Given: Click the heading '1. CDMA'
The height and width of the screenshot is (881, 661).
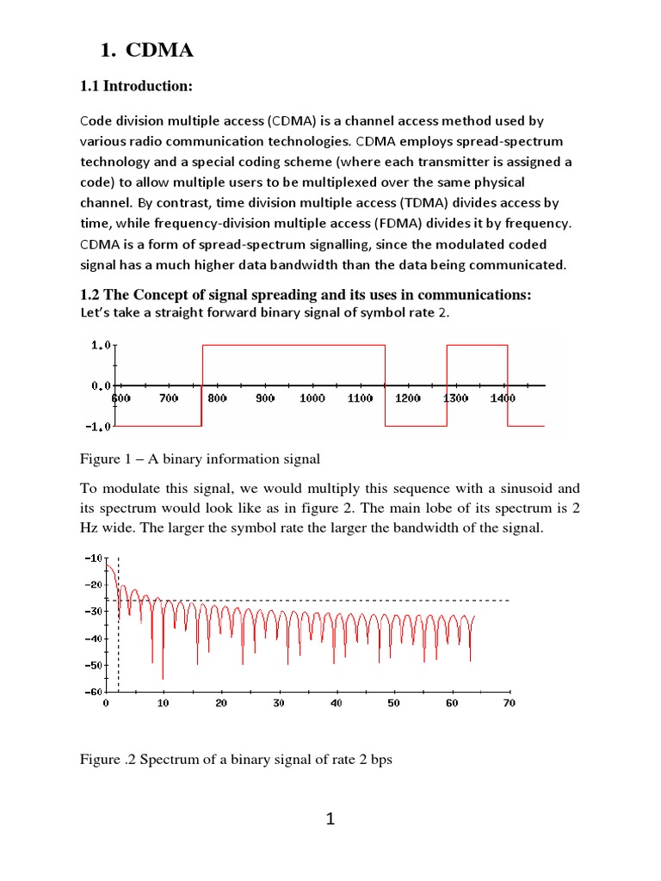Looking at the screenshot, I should (147, 52).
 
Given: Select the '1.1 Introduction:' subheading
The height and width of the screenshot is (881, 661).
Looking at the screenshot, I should (136, 86).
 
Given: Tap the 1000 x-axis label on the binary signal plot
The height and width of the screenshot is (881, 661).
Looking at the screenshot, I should (312, 398).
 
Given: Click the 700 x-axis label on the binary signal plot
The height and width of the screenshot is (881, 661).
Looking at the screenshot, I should (169, 398).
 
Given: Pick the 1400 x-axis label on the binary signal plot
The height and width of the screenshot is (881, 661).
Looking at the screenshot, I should (503, 398).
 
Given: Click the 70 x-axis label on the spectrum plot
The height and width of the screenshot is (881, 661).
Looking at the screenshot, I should (508, 704).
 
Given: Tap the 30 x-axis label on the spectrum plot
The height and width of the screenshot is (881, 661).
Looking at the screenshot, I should (278, 704).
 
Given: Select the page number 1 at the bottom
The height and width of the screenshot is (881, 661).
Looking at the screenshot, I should (330, 820).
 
